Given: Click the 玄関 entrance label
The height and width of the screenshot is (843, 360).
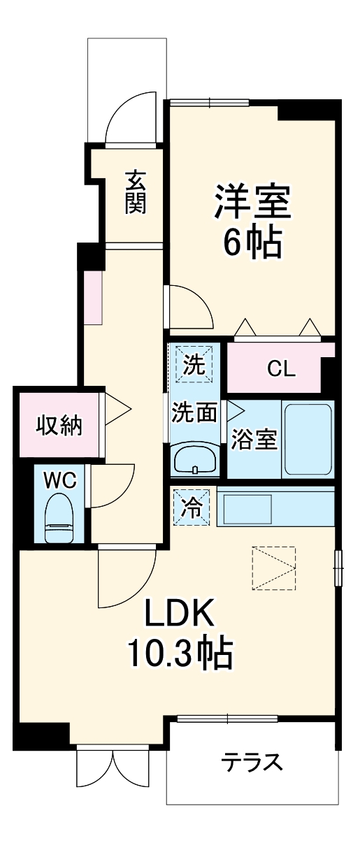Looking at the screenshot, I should pyautogui.click(x=136, y=192).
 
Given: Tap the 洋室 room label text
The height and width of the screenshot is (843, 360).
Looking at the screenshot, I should pyautogui.click(x=252, y=201).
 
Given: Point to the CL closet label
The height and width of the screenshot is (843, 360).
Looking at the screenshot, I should pyautogui.click(x=281, y=369).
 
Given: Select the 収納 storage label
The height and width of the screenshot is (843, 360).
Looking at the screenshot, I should pyautogui.click(x=59, y=425).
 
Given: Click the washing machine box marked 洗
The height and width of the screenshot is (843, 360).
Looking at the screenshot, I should pyautogui.click(x=194, y=366).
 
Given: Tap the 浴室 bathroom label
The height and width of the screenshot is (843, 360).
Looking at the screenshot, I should pyautogui.click(x=255, y=439).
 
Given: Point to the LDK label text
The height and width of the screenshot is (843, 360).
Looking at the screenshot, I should pyautogui.click(x=178, y=615).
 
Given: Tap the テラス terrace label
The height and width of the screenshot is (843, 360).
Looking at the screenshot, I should pyautogui.click(x=252, y=761).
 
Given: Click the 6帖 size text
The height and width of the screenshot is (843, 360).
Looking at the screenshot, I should pyautogui.click(x=252, y=243).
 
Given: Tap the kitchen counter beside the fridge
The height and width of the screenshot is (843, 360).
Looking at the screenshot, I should pyautogui.click(x=276, y=507).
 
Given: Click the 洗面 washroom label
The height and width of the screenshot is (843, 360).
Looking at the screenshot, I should pyautogui.click(x=194, y=412).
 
